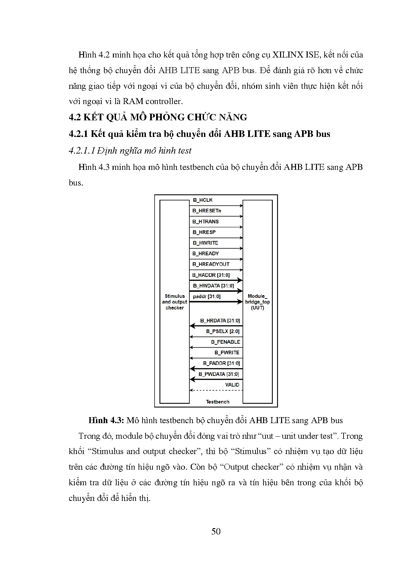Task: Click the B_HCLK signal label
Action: (x=203, y=200)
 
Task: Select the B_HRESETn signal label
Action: (x=207, y=211)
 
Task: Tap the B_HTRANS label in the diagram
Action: (x=206, y=221)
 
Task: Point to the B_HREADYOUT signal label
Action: (x=211, y=264)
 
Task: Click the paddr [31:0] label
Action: (x=207, y=296)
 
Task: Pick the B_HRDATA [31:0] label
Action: (x=220, y=321)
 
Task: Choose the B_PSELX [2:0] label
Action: (x=223, y=331)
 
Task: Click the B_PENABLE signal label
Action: (x=225, y=342)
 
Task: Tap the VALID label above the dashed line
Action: (x=232, y=385)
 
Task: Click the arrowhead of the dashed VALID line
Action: (x=191, y=390)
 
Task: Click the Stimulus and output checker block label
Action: (x=174, y=302)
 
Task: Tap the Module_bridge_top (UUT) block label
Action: (x=257, y=302)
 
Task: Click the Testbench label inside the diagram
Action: (x=218, y=402)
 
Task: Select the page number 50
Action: (x=216, y=531)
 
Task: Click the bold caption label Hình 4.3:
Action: (x=106, y=420)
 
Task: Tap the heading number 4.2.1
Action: (x=78, y=134)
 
